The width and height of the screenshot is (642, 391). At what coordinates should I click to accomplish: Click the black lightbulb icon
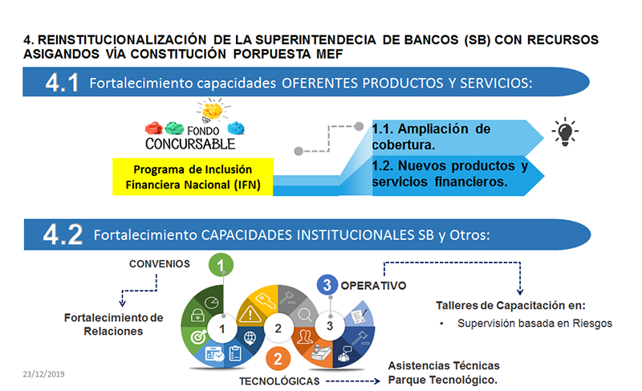[565, 132]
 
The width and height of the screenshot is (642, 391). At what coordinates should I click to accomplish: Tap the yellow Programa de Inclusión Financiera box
[193, 177]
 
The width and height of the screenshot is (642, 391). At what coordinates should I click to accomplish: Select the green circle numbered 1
[221, 265]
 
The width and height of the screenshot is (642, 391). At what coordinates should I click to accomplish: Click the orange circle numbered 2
[278, 359]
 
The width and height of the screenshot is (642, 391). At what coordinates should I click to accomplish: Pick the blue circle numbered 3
[327, 285]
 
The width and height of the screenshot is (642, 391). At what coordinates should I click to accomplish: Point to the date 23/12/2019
[43, 374]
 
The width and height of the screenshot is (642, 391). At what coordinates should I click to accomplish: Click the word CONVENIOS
[160, 264]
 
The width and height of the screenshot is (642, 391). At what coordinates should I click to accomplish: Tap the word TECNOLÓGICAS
[279, 381]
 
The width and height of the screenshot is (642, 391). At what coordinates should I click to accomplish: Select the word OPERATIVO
[373, 285]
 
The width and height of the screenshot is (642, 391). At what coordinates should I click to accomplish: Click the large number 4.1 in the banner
[62, 83]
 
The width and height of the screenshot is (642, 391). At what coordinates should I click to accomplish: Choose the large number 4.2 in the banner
[63, 234]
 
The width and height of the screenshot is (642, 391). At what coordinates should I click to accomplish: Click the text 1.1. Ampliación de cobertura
[431, 136]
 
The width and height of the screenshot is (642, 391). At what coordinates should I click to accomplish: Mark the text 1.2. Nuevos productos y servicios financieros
[450, 173]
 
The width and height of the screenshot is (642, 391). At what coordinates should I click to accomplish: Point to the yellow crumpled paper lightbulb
[213, 110]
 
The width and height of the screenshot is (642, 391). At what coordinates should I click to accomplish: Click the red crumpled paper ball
[154, 128]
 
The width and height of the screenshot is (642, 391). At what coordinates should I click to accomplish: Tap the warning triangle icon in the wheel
[250, 315]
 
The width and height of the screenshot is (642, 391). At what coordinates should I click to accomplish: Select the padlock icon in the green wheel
[197, 315]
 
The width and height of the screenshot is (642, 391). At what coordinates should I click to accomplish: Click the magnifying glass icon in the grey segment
[305, 315]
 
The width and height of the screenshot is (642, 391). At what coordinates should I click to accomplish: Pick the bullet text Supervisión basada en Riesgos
[534, 324]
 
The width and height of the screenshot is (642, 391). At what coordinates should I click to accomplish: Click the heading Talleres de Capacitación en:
[510, 305]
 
